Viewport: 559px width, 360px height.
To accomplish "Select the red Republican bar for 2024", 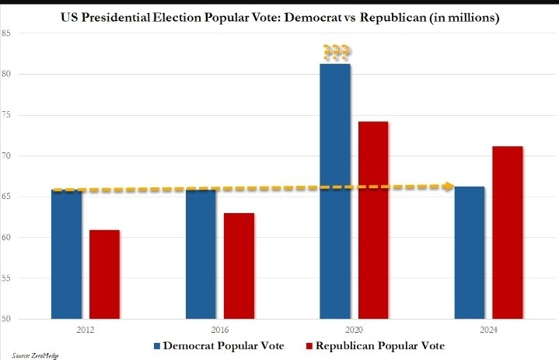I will click(507, 232).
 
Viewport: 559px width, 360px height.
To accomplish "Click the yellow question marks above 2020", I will click(336, 52).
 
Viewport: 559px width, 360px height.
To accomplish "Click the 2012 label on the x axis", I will click(86, 329).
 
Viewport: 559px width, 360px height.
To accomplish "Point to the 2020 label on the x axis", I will click(354, 329).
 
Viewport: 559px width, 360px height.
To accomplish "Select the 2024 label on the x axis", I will click(488, 329).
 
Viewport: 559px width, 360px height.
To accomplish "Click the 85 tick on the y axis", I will click(6, 33).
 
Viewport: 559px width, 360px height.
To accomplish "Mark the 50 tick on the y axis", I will click(6, 319).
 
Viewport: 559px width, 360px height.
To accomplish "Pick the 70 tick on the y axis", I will click(6, 156).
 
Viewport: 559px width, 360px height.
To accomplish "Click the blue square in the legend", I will click(157, 344).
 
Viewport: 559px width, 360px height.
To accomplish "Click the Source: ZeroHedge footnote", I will click(30, 355).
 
